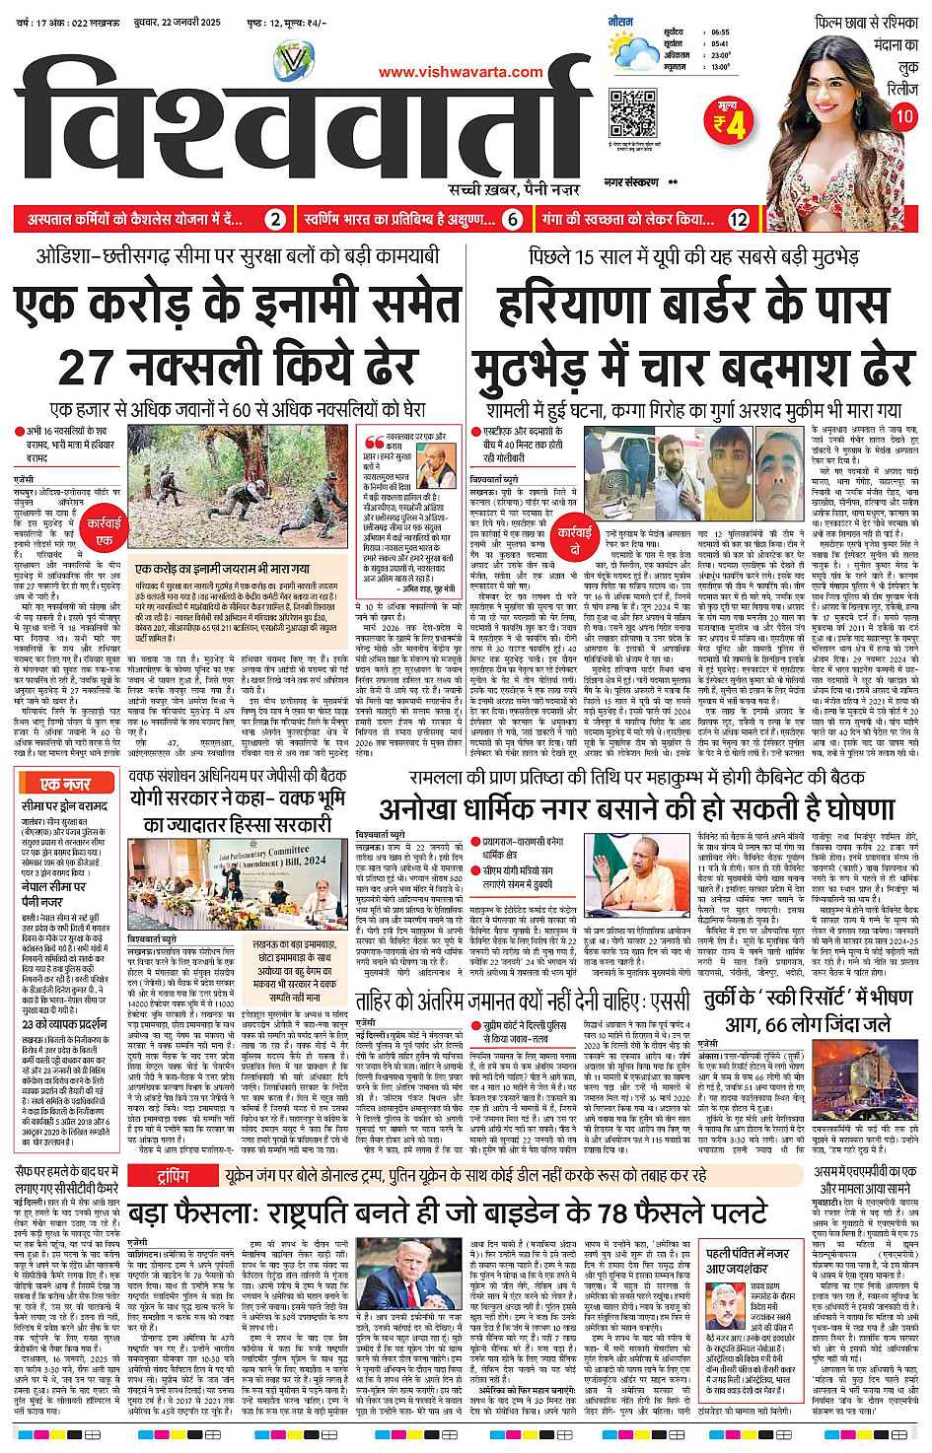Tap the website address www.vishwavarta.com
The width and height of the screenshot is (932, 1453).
point(461,72)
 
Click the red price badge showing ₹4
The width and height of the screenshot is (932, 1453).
point(730,121)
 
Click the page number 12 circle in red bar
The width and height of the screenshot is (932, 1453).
point(739,219)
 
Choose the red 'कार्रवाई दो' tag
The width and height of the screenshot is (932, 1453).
point(575,539)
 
